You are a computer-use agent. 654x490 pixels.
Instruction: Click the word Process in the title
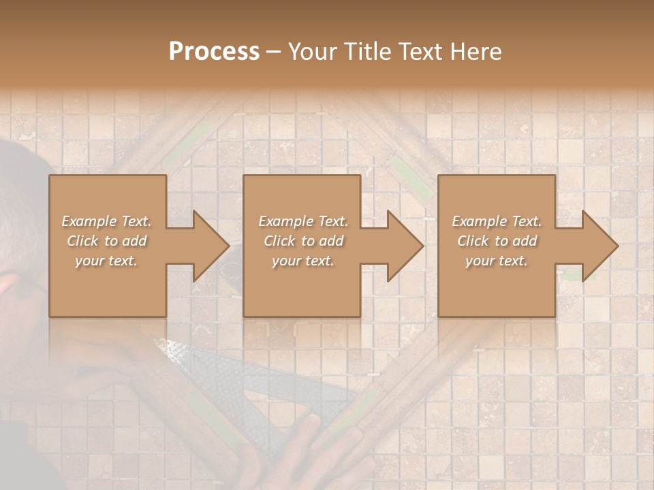(x=214, y=52)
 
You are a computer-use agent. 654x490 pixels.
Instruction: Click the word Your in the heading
(x=313, y=52)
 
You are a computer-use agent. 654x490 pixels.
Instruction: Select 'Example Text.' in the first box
(x=106, y=221)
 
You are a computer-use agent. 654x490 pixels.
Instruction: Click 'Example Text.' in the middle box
(x=303, y=221)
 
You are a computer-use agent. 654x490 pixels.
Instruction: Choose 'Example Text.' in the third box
(x=497, y=221)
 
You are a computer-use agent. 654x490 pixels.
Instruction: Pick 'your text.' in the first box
(x=106, y=261)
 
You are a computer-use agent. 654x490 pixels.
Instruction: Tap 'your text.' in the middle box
(x=303, y=261)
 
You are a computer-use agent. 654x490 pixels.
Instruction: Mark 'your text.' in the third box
(x=497, y=261)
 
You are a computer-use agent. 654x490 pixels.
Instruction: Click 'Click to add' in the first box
(x=106, y=241)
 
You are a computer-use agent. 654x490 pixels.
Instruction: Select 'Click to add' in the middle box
(x=303, y=241)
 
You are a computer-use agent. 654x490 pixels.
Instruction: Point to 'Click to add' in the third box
(x=497, y=241)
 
